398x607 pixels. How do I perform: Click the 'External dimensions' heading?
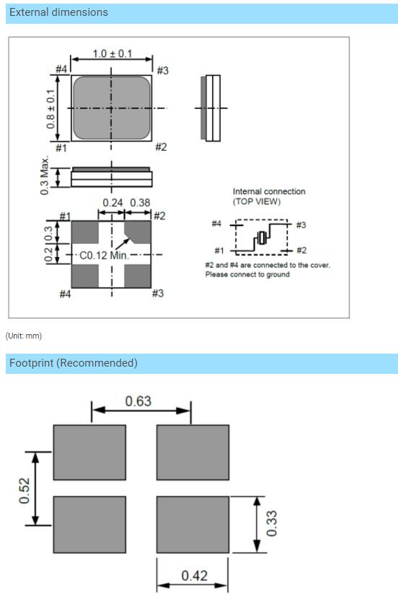point(58,12)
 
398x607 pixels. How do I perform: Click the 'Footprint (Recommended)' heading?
point(74,363)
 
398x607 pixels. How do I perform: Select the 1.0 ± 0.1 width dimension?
point(112,53)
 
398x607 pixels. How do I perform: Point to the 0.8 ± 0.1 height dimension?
point(50,109)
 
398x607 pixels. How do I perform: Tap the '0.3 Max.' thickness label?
point(45,175)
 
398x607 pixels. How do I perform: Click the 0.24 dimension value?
point(112,203)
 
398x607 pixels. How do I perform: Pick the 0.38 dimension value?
point(140,203)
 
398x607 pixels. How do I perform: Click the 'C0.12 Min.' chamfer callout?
point(103,256)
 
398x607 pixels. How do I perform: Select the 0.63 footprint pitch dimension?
point(138,401)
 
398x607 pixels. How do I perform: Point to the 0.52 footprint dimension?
point(24,491)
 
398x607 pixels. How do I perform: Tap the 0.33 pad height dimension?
point(272,523)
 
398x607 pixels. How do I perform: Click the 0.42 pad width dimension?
point(195,576)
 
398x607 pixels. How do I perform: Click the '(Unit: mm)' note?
point(24,336)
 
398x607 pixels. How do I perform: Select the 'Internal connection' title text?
point(269,191)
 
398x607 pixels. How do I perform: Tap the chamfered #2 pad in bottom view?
point(137,232)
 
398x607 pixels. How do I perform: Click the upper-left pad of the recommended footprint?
point(89,453)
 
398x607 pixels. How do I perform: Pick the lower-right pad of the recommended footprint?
point(193,525)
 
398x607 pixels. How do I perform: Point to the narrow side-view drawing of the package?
point(211,108)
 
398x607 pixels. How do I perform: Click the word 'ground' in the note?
point(278,274)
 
